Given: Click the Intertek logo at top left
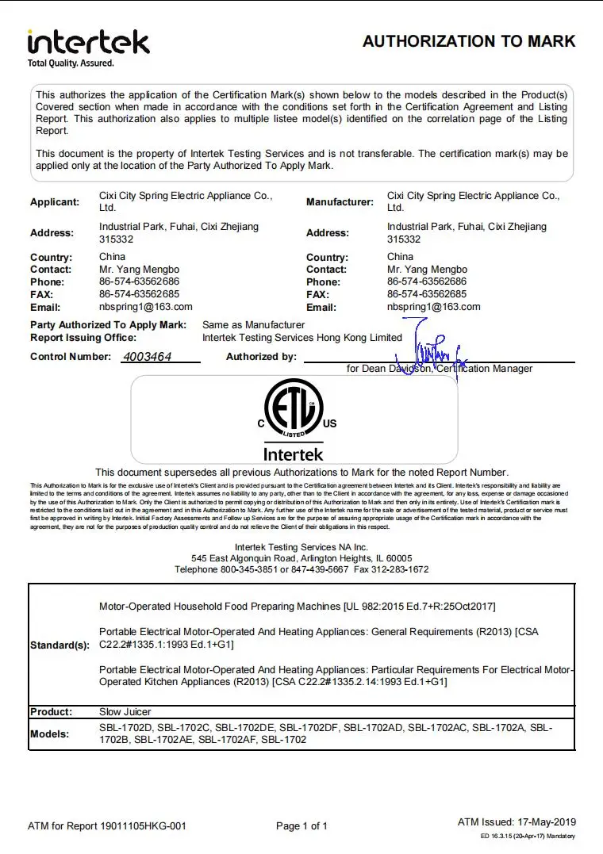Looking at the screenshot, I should click(x=87, y=41).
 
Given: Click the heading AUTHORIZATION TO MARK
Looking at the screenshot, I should click(x=469, y=41).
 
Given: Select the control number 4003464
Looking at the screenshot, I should click(x=148, y=357).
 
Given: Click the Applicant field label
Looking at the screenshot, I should click(x=55, y=202).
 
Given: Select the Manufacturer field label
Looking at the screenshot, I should click(x=340, y=202).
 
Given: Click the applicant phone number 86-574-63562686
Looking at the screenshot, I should click(x=138, y=281).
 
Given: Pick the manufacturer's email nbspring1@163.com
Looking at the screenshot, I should click(x=433, y=307).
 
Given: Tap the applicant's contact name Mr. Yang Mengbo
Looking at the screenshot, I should click(x=139, y=270).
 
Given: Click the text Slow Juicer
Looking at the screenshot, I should click(x=125, y=712).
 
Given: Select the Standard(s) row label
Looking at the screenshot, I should click(x=60, y=645).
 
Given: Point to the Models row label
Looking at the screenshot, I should click(x=50, y=734).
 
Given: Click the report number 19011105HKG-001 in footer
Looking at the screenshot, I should click(x=143, y=826).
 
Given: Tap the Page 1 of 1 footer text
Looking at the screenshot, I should click(x=301, y=826).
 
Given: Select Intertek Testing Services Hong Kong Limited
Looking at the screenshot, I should click(x=302, y=337).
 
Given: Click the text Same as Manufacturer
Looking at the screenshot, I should click(x=253, y=324).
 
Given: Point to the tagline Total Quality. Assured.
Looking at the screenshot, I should click(x=71, y=63).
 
